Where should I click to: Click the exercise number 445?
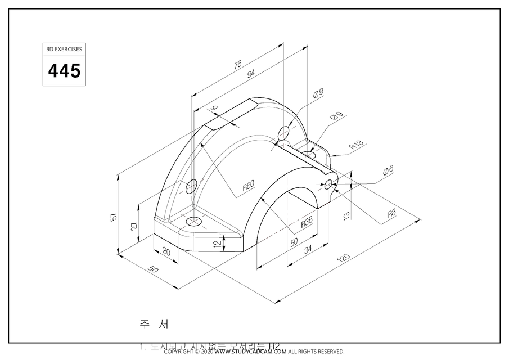(64, 71)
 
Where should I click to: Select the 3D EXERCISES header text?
(64, 49)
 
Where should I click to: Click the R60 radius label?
(249, 186)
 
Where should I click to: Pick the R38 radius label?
(307, 222)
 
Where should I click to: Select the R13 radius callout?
(357, 144)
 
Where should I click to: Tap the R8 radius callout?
(392, 213)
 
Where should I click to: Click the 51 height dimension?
(113, 217)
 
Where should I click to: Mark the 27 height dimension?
(133, 226)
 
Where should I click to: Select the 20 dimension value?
(166, 251)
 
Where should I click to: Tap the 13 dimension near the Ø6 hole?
(346, 214)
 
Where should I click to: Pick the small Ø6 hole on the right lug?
(328, 184)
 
